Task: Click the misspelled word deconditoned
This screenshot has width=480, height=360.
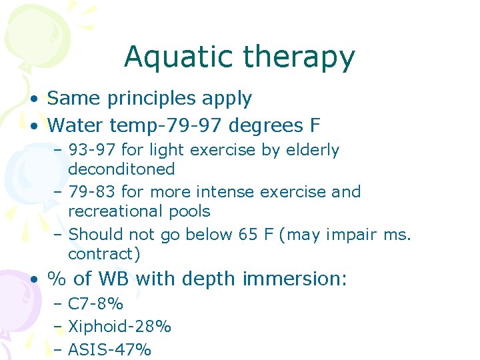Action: click(121, 169)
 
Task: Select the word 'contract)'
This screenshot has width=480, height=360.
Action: click(98, 254)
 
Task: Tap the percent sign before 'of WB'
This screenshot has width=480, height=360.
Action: click(56, 279)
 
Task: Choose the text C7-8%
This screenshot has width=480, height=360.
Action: click(96, 304)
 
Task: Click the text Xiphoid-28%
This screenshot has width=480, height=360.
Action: click(119, 327)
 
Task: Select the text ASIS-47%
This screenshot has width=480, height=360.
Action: click(109, 349)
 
